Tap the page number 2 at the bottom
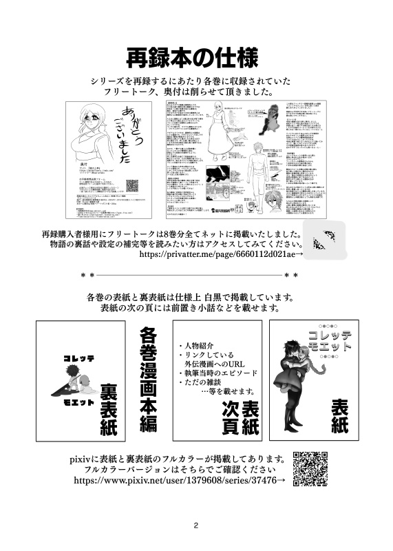pyautogui.click(x=196, y=524)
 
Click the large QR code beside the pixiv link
pyautogui.click(x=310, y=468)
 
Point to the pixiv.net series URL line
pyautogui.click(x=180, y=481)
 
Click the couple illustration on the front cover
pyautogui.click(x=297, y=386)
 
